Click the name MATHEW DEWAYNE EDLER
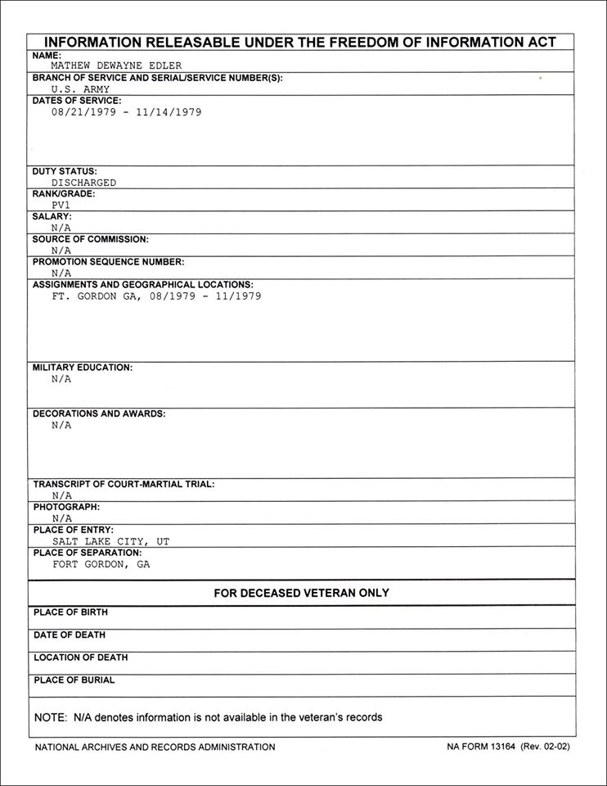[x=116, y=65]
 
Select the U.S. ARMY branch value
[x=80, y=89]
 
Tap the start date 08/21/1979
[x=83, y=112]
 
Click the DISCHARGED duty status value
[x=83, y=183]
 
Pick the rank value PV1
[x=61, y=206]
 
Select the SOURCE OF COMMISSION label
[x=90, y=240]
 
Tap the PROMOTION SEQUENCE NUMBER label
[x=108, y=262]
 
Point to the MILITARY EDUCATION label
[x=82, y=368]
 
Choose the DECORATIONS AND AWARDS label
[x=99, y=413]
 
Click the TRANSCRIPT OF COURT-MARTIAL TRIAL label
[x=124, y=485]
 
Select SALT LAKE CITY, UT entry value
[x=110, y=541]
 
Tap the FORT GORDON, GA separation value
[x=101, y=564]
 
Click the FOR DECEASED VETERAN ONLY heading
[x=301, y=593]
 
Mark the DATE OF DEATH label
[x=70, y=635]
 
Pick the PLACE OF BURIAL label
[x=74, y=680]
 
